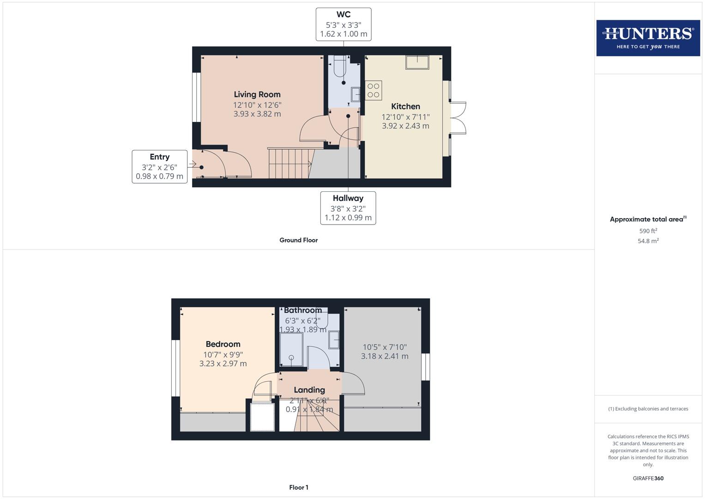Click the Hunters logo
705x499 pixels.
(648, 38)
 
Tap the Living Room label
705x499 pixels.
(257, 95)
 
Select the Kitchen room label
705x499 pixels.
(405, 107)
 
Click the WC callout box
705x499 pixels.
(343, 24)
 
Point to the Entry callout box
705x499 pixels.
(160, 166)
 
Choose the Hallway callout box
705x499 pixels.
(348, 208)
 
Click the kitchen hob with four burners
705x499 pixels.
(374, 91)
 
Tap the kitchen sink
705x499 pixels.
(417, 62)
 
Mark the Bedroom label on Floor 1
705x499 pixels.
(223, 344)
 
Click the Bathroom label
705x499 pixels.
(303, 310)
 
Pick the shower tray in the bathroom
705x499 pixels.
(291, 349)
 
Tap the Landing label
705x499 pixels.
(309, 390)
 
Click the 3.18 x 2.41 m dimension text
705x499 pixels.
(385, 356)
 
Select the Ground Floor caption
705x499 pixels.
(298, 240)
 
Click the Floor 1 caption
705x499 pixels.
(299, 487)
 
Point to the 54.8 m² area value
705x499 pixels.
(648, 241)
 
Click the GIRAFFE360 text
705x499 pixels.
(648, 479)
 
